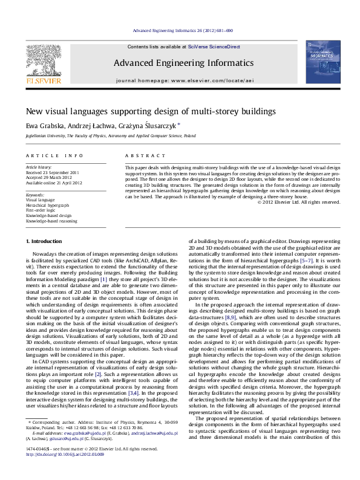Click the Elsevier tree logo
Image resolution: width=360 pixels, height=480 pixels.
(41, 59)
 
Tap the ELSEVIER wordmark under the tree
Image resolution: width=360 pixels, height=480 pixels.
(41, 79)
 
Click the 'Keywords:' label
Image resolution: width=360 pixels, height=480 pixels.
(36, 195)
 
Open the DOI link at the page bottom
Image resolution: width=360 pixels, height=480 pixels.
(62, 469)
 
